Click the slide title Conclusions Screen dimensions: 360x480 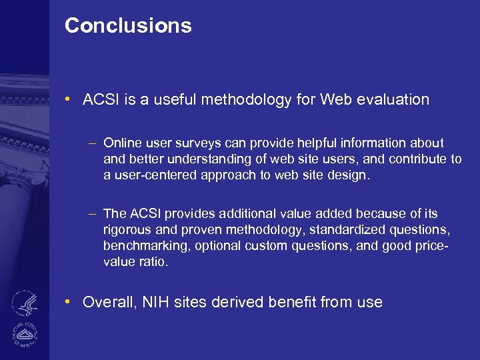[128, 26]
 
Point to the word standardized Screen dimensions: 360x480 [350, 229]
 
